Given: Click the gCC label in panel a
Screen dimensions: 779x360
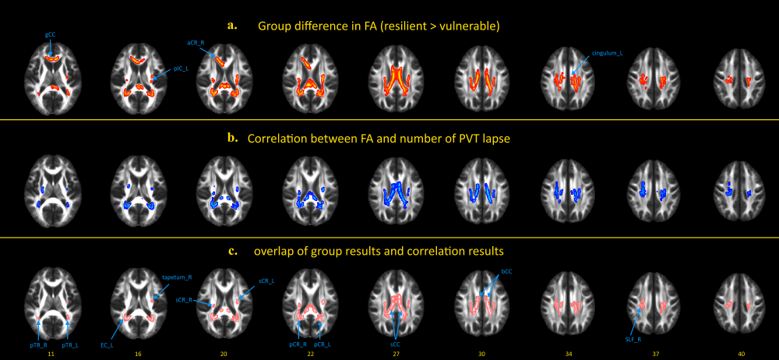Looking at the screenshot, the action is pyautogui.click(x=50, y=36).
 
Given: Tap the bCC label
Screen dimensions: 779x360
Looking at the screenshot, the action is pyautogui.click(x=507, y=273).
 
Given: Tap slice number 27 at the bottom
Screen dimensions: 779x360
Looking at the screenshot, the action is pyautogui.click(x=397, y=354).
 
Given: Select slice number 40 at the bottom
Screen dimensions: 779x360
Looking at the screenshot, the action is pyautogui.click(x=742, y=354).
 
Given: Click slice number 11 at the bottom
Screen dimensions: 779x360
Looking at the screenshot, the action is pyautogui.click(x=50, y=354).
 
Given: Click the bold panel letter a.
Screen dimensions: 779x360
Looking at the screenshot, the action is pyautogui.click(x=231, y=25).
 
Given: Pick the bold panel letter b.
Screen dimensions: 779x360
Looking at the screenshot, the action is pyautogui.click(x=232, y=139).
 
